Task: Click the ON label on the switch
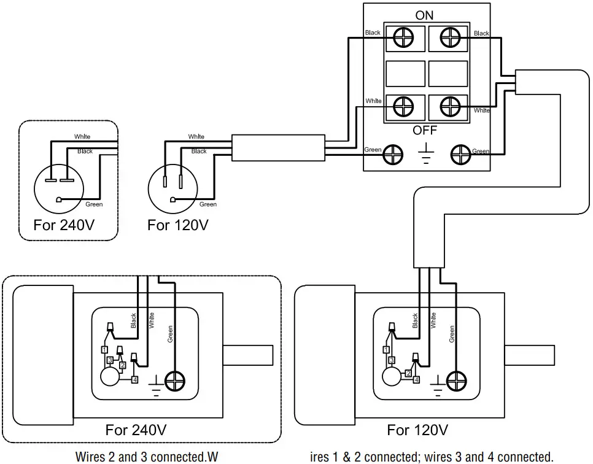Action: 424,16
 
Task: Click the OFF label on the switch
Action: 424,130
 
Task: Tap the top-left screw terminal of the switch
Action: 404,38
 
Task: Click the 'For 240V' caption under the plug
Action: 64,225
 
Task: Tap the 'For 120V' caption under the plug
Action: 177,225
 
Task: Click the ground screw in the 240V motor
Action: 175,381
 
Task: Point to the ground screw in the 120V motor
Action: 456,381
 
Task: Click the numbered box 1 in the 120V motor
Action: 386,349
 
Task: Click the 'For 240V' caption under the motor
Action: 136,429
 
